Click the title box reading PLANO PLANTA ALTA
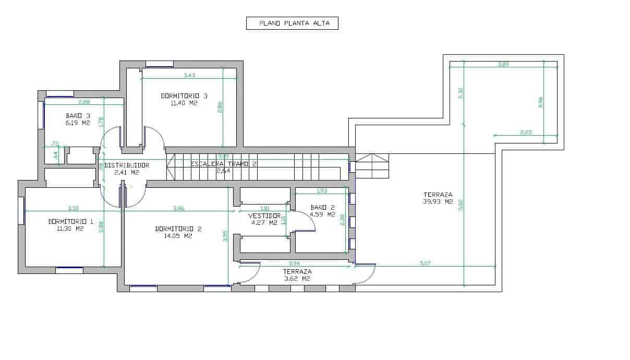point(292,23)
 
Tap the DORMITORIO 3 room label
point(184,96)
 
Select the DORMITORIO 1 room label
point(70,222)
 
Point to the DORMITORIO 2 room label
point(178,229)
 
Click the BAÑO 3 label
point(78,115)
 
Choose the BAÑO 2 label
point(322,207)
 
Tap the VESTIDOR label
point(264,216)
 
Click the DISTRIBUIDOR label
point(127,165)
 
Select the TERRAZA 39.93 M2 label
point(438,195)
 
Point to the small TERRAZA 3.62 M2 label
point(297,272)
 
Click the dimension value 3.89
point(503,64)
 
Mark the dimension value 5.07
point(425,263)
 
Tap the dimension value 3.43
point(189,76)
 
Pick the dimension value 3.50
point(73,208)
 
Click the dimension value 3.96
point(178,208)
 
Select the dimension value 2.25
point(526,132)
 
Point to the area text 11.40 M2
point(184,103)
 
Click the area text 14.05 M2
point(178,236)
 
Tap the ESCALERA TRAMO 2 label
point(223,163)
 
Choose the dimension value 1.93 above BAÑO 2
point(322,190)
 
